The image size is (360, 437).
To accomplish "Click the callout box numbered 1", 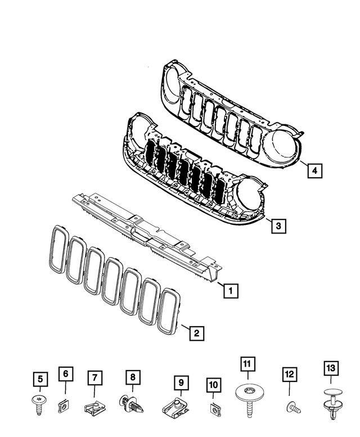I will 229,291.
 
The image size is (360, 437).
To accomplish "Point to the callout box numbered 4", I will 316,170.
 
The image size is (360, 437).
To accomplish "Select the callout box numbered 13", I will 330,369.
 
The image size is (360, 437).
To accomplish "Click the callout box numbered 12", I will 289,373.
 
